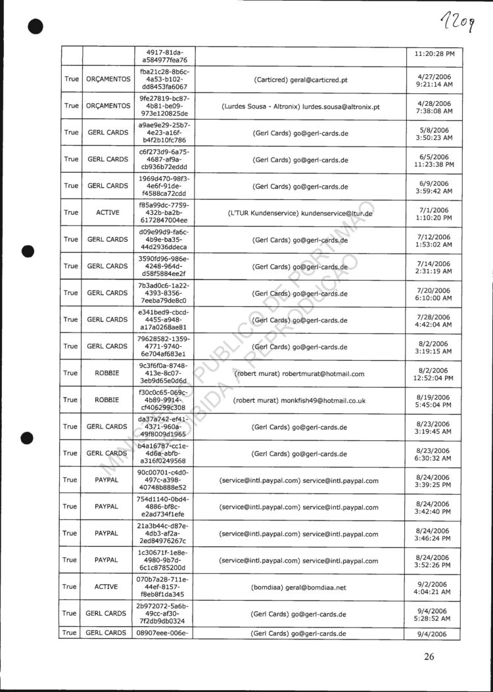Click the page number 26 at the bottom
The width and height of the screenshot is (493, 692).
(x=429, y=656)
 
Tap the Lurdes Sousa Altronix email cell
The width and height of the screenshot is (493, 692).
(x=300, y=106)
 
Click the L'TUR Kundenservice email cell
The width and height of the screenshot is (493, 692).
(x=300, y=213)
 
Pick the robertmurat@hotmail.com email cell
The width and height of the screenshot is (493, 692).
(x=300, y=373)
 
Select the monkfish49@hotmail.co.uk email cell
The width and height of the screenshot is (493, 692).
(x=300, y=400)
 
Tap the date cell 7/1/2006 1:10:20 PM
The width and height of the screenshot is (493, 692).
(x=434, y=213)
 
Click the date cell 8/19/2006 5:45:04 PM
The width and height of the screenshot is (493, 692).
(x=434, y=400)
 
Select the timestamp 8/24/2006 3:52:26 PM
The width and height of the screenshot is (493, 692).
(x=434, y=561)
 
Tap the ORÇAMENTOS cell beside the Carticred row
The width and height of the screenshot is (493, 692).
(x=108, y=79)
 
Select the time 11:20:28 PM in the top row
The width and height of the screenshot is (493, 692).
(x=434, y=53)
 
